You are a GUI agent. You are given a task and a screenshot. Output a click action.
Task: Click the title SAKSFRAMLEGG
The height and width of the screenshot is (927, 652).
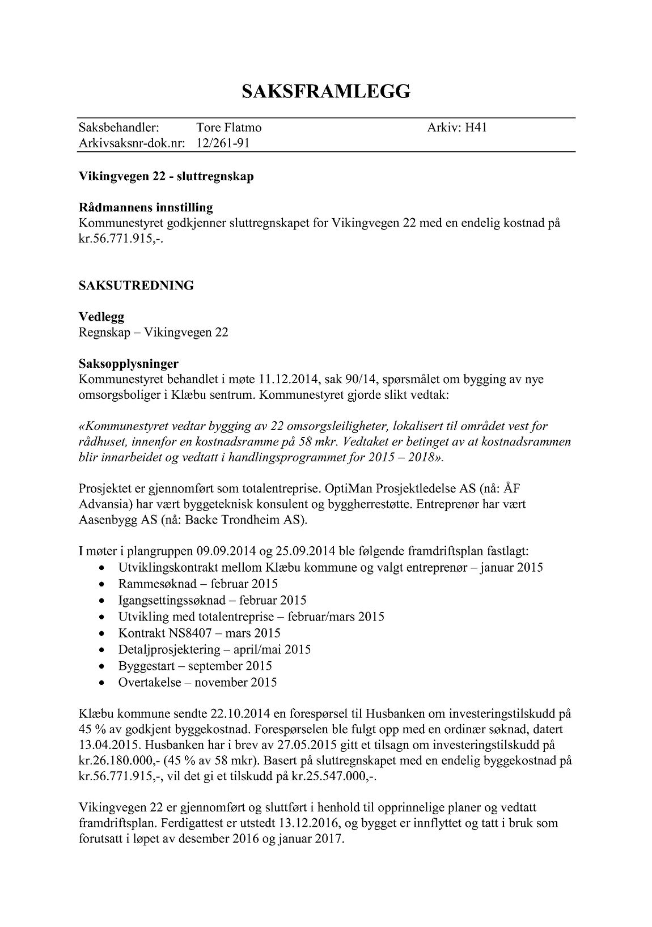325,91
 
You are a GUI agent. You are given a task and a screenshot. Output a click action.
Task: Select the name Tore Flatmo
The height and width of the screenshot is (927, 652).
228,128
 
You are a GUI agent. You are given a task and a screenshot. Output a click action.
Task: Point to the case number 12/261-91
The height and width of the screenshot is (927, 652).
223,143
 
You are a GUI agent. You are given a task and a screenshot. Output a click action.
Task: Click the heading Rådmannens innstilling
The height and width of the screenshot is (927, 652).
146,207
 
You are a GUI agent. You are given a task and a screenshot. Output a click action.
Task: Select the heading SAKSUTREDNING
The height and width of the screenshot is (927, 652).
136,286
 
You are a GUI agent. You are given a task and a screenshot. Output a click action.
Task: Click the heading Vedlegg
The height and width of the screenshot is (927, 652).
101,317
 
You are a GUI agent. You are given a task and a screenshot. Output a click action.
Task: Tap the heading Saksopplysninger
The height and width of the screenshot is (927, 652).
129,363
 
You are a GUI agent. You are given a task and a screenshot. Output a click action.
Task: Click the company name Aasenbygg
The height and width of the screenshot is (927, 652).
105,520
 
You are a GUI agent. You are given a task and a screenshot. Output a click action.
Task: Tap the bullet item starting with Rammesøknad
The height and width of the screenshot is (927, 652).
198,584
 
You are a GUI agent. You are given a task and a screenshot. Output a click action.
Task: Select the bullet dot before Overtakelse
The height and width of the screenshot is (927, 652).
101,683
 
